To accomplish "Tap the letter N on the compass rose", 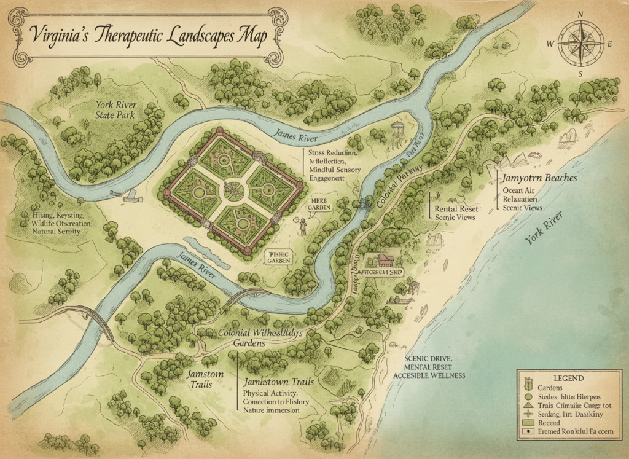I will click(580, 14).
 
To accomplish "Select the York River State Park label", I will click(115, 109).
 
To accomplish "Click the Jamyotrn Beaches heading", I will click(539, 178).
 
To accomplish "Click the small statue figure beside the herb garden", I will click(303, 226).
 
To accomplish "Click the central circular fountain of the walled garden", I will click(233, 190).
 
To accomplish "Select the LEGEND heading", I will click(568, 378).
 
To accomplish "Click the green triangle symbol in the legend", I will click(527, 406).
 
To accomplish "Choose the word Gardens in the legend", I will click(550, 387).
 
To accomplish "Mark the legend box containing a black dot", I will click(526, 432).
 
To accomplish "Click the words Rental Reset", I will click(456, 209).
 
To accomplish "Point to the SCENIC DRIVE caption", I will click(428, 358).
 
